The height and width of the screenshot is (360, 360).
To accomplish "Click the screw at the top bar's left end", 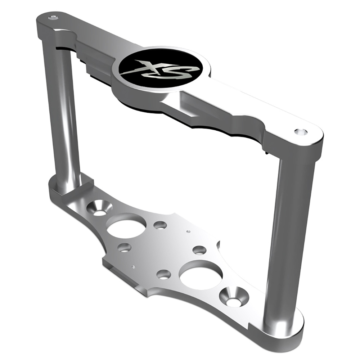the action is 53,18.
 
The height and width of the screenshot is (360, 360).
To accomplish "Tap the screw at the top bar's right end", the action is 300,131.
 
